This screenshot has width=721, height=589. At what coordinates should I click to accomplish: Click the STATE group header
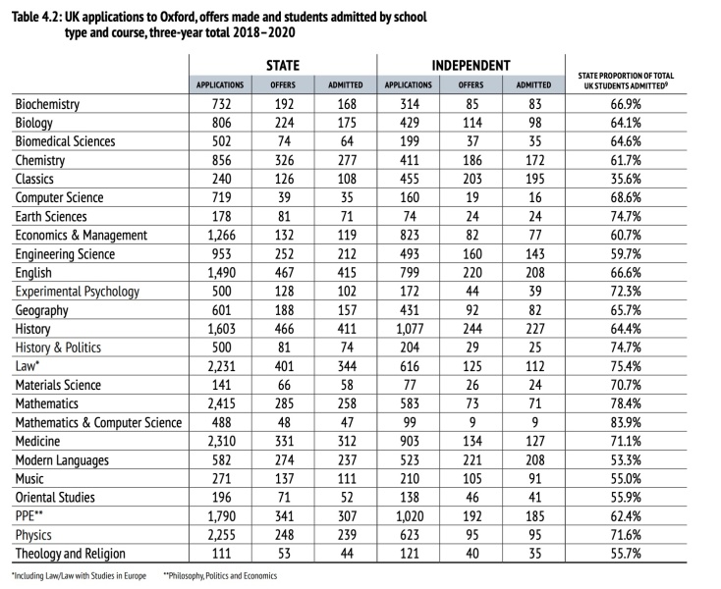(x=283, y=65)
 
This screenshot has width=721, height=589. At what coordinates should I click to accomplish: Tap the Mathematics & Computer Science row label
(x=98, y=423)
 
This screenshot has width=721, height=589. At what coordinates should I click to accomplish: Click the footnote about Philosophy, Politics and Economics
(x=221, y=575)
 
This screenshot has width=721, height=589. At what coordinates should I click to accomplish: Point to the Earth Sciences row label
(x=51, y=217)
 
